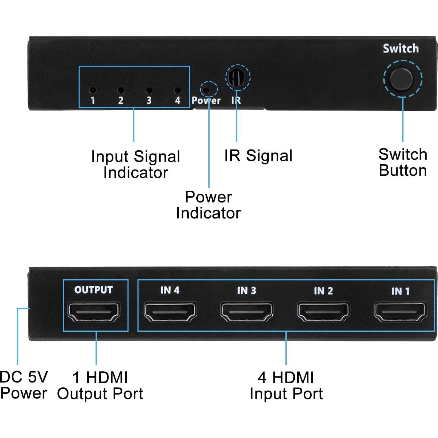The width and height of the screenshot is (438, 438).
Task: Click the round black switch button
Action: point(401,79)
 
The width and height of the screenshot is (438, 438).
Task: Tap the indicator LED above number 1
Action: point(92,90)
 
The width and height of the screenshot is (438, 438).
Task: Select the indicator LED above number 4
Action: point(177,90)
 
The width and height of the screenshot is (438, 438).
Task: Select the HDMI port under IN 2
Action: point(323,313)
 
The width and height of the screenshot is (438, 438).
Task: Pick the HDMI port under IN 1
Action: point(400,313)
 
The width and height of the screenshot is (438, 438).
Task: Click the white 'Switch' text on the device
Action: point(401,49)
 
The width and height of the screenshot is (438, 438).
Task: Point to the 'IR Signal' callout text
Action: point(258,155)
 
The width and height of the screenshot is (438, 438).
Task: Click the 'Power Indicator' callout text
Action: point(208,205)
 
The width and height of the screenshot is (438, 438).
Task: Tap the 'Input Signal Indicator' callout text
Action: point(136,164)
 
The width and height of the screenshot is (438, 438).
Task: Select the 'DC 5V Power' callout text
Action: point(23,385)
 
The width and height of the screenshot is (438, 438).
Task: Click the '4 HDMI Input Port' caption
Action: point(286,386)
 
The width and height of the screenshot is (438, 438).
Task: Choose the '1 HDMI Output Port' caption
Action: point(100,386)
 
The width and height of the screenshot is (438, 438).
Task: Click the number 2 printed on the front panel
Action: point(121,100)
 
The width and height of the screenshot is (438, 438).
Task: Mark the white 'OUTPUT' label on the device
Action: point(93,290)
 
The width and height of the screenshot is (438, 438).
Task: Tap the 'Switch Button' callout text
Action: point(403,162)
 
